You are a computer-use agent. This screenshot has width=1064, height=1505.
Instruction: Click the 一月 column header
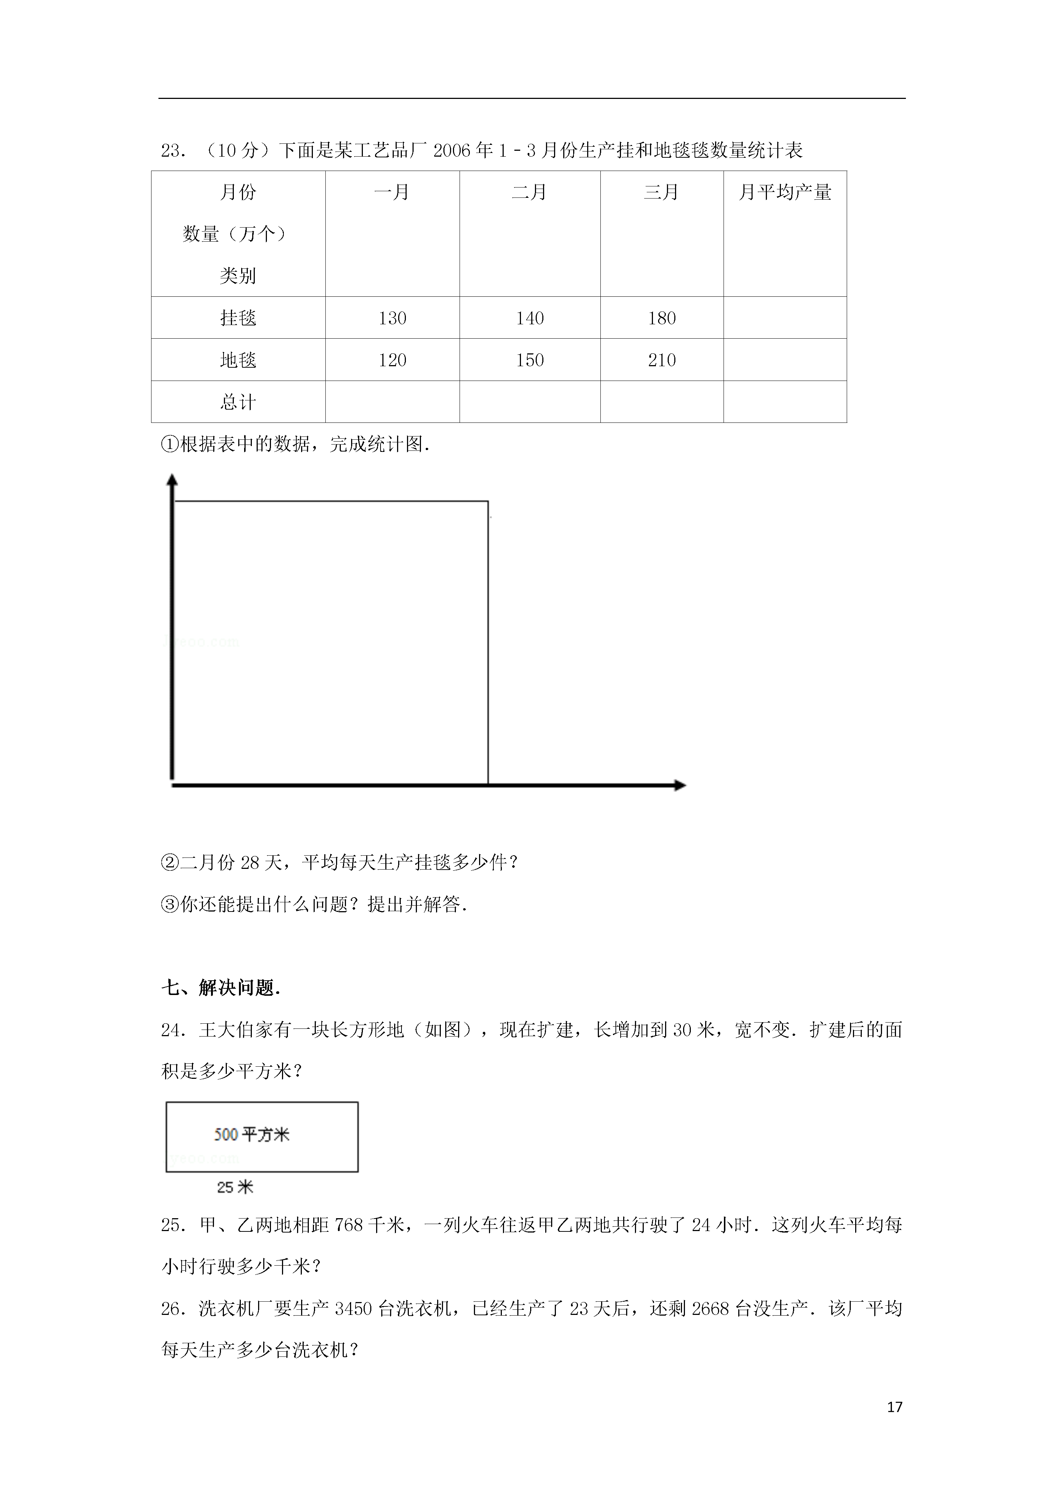point(392,192)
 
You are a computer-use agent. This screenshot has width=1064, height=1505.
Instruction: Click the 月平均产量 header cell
point(785,192)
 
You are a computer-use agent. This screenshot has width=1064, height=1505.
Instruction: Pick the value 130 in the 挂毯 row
point(392,318)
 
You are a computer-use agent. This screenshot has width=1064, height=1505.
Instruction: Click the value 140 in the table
point(530,318)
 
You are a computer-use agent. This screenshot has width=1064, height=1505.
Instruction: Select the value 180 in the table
point(661,318)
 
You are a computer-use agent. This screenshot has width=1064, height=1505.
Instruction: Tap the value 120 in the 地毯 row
point(392,360)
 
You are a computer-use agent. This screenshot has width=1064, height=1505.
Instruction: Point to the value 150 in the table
point(530,360)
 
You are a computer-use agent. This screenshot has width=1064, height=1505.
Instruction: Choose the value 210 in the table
point(661,360)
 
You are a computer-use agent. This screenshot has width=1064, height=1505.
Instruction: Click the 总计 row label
point(238,402)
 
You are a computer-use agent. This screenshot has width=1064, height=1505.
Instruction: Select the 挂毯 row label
point(238,318)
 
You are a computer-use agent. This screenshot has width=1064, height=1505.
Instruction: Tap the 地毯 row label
point(238,360)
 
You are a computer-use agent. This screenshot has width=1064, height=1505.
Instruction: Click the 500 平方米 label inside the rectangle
point(252,1135)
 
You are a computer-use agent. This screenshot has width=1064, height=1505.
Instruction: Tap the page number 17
point(894,1407)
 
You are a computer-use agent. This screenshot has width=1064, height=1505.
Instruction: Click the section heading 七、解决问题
point(221,988)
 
